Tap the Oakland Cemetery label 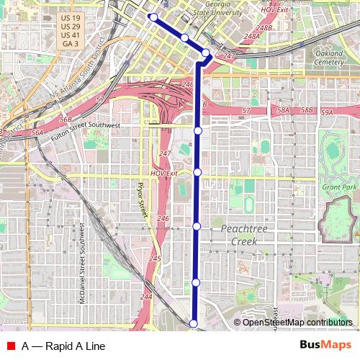pyautogui.click(x=329, y=58)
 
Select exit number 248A pyautogui.click(x=252, y=35)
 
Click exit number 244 pyautogui.click(x=147, y=297)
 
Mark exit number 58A pyautogui.click(x=283, y=111)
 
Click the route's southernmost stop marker pyautogui.click(x=193, y=324)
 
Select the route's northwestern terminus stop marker pyautogui.click(x=153, y=17)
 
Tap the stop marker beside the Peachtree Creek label pyautogui.click(x=197, y=227)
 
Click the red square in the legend pyautogui.click(x=11, y=346)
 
